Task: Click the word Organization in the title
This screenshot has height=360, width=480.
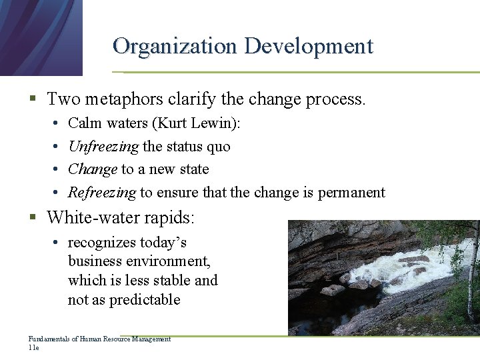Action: click(175, 46)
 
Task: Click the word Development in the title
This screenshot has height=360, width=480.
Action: click(308, 46)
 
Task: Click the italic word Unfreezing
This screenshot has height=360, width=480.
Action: click(103, 147)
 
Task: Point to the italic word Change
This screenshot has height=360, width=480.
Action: click(93, 169)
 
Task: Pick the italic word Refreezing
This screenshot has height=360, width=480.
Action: click(102, 193)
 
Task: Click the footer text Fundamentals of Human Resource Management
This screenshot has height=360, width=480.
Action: click(99, 339)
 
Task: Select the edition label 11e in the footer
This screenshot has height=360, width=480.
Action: click(34, 347)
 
